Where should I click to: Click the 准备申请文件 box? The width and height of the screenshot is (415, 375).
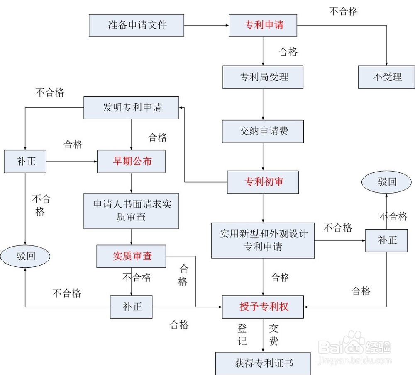pos(137,25)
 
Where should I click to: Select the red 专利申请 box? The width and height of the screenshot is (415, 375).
pos(264,25)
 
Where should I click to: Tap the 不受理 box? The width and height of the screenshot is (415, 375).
pos(386,77)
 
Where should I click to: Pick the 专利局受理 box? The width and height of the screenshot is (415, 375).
pos(264,77)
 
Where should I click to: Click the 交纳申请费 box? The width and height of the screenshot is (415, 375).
pos(264,131)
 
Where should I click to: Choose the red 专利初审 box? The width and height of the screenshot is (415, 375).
pos(263,181)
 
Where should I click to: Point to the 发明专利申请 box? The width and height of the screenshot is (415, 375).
pos(132,107)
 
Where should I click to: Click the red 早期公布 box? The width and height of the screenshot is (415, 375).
pos(132,161)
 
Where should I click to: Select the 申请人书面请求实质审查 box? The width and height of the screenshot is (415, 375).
pos(132,210)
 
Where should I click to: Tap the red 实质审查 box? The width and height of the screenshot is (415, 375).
pos(132,256)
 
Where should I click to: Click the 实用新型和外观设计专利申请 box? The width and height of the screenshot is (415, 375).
pos(263,240)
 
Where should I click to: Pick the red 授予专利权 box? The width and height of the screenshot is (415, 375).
pos(263,307)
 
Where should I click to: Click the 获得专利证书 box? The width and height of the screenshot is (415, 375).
pos(263,363)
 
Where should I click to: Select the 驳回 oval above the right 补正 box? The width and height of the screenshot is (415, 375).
pos(387,182)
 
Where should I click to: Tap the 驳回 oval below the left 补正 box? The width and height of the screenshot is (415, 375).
pos(25,256)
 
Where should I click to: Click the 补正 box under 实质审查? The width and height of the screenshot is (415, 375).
pos(132,307)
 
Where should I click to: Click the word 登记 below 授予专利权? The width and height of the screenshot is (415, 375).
pos(242,335)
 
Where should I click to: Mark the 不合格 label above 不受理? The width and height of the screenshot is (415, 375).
pos(343,11)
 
